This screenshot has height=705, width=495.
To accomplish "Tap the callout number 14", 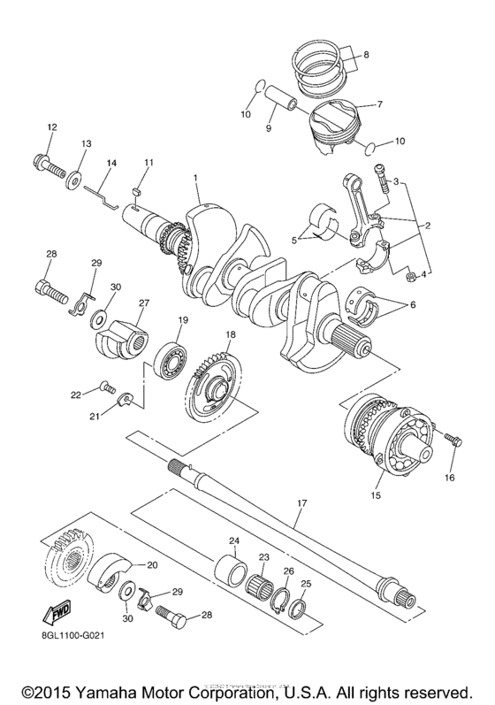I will pos(112,164).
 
